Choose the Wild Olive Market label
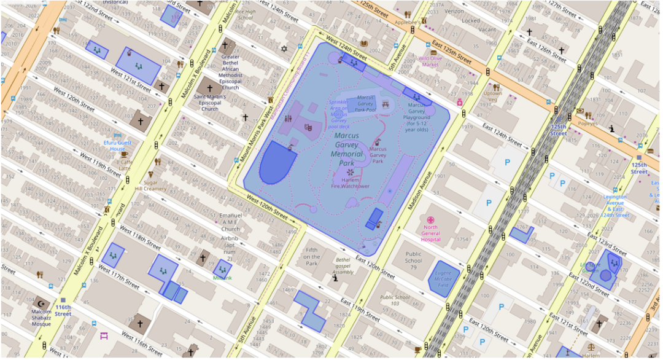coord(429,61)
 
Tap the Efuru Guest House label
coord(117,146)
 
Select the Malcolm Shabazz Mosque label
coord(41,318)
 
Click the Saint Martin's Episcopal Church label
coord(210,102)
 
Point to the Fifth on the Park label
coord(312,256)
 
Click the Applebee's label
coord(406,22)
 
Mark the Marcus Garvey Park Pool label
coord(365,103)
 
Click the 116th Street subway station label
coord(63,310)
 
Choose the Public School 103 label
coord(395,301)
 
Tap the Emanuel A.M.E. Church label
coord(231,222)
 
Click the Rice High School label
coord(244,14)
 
